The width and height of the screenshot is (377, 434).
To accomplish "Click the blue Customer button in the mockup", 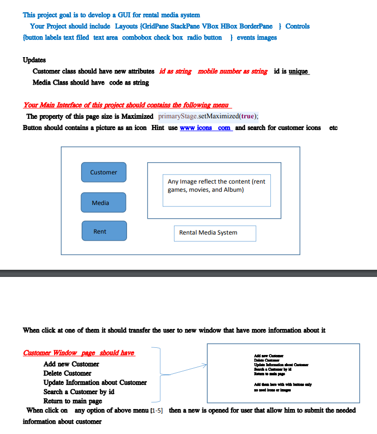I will point(104,172).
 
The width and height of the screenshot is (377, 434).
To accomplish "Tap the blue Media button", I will point(103,202).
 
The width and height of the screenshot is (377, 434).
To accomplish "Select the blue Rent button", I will point(104,231).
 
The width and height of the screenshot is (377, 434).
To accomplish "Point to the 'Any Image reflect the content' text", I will point(216,186).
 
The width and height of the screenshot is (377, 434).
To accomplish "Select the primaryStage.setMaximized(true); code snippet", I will point(208,116).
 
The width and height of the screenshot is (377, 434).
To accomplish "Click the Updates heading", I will point(34,60).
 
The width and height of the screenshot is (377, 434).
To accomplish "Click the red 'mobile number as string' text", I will point(232,71).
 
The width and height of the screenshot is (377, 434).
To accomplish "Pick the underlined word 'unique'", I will point(298,71).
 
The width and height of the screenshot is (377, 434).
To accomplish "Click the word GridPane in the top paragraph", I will point(157,26).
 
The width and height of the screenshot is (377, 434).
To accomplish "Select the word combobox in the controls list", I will point(138,37).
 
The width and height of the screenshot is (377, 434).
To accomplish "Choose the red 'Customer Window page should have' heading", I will point(79,353).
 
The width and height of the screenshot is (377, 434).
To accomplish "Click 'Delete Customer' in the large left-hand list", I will point(67,373).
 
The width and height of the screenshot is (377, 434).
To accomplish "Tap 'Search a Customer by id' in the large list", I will point(79,392).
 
